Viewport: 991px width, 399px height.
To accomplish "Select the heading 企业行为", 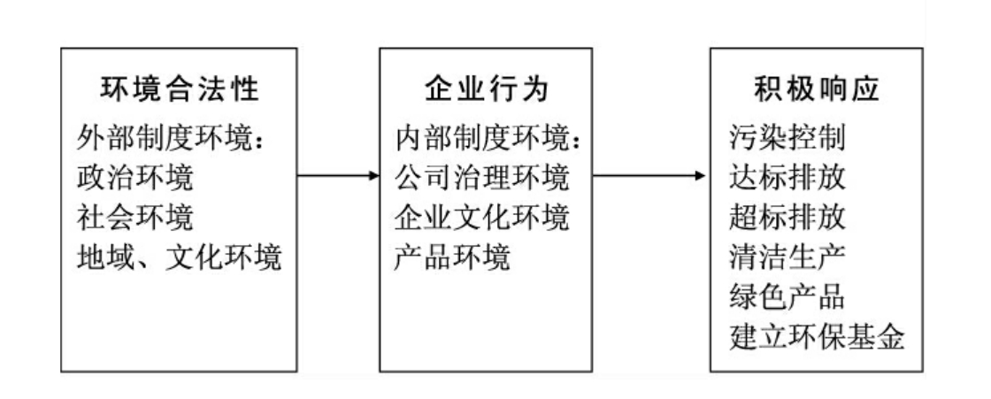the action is pos(486,90).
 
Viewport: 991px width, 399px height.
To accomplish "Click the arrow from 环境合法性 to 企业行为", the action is pos(337,175).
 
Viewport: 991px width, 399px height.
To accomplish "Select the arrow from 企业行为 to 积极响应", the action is pos(649,175).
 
